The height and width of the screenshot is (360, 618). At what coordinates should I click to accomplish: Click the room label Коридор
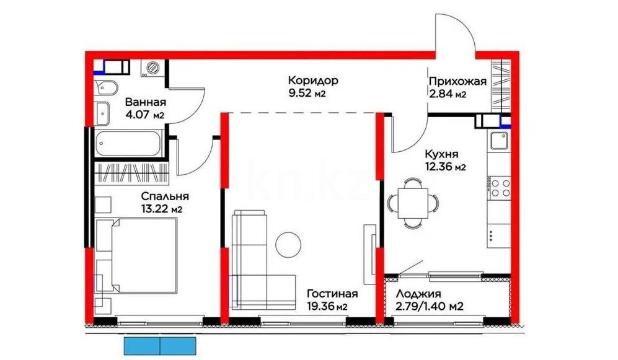312,81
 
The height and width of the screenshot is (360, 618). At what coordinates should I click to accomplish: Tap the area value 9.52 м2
306,94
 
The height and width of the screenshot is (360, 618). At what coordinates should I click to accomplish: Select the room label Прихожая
457,81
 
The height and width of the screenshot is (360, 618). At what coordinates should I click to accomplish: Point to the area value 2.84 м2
448,94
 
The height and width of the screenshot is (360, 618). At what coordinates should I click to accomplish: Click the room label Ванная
146,102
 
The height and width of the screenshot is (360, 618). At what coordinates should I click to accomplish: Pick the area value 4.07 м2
144,115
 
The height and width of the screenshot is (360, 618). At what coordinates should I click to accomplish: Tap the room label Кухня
441,154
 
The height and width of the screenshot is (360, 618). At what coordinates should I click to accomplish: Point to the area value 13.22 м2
161,209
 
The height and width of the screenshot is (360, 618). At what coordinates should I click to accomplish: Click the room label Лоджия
418,294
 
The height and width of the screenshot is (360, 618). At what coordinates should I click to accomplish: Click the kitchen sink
498,142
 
